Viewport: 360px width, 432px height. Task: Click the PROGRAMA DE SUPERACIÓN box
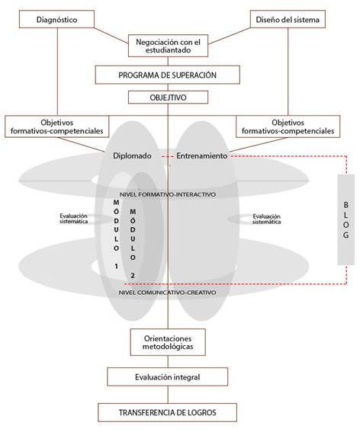pyautogui.click(x=168, y=76)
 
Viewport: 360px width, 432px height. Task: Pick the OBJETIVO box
pyautogui.click(x=168, y=98)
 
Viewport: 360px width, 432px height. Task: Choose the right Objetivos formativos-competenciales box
pyautogui.click(x=284, y=126)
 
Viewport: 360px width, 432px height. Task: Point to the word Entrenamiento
pyautogui.click(x=202, y=156)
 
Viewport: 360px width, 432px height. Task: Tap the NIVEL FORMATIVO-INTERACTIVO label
pyautogui.click(x=168, y=194)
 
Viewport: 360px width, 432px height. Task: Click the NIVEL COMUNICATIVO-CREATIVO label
pyautogui.click(x=168, y=292)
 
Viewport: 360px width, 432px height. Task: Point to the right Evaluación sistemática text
pyautogui.click(x=263, y=219)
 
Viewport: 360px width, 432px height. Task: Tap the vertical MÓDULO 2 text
pyautogui.click(x=133, y=242)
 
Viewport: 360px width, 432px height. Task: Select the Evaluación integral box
pyautogui.click(x=168, y=376)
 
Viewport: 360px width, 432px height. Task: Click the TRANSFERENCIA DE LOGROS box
pyautogui.click(x=168, y=412)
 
